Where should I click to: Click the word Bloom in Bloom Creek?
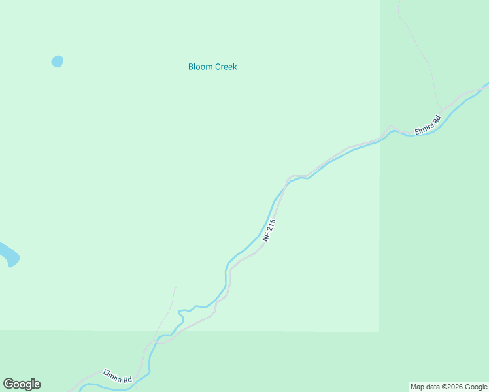199,67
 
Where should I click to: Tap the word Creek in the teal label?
224,67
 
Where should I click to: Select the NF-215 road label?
269,231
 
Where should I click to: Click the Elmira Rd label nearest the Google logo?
118,376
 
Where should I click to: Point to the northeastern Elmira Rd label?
428,124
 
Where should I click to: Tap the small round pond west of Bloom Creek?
58,61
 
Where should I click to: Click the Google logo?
22,384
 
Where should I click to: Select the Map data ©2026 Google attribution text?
449,387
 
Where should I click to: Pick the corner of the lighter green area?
379,331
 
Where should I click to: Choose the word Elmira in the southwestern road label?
113,374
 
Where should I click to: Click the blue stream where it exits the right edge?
486,85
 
